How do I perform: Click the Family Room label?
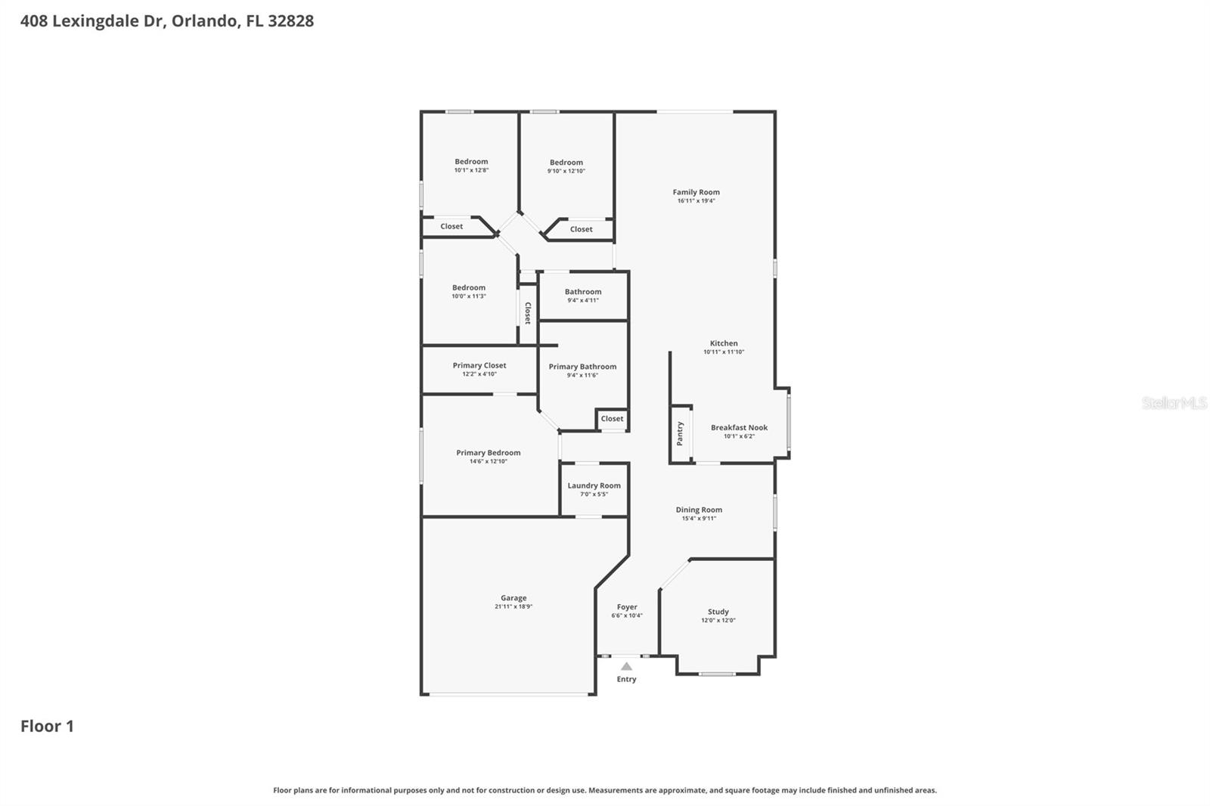click(x=696, y=192)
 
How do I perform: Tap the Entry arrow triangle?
click(x=626, y=666)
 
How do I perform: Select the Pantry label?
click(x=680, y=433)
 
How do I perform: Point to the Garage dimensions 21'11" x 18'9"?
click(x=513, y=606)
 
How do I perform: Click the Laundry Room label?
click(x=594, y=485)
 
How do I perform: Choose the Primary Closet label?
click(x=479, y=365)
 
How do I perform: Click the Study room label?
click(x=718, y=612)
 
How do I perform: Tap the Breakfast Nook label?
click(x=739, y=427)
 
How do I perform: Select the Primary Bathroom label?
click(x=582, y=367)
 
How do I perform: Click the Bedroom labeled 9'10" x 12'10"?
click(x=566, y=163)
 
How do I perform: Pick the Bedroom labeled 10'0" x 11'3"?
click(x=469, y=287)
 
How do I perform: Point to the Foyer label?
click(x=627, y=606)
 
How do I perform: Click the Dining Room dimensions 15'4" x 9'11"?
click(x=699, y=519)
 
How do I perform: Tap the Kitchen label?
click(x=723, y=343)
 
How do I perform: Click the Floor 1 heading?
click(x=47, y=726)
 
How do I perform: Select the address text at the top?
click(x=166, y=21)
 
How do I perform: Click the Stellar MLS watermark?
click(x=1174, y=403)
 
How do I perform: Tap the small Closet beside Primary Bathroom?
click(x=612, y=418)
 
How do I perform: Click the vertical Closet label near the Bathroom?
click(x=528, y=313)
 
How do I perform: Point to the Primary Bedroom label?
click(x=488, y=453)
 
